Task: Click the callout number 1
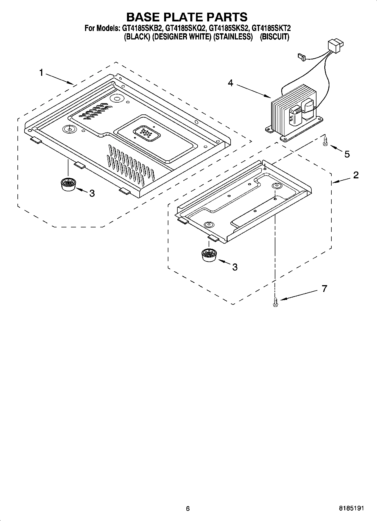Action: [41, 73]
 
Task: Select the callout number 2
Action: [356, 175]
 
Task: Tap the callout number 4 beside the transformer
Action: [231, 83]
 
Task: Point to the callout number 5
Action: [347, 154]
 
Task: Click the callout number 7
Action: [324, 289]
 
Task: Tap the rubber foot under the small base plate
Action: [209, 255]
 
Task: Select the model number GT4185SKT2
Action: [271, 28]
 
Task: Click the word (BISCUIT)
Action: [274, 37]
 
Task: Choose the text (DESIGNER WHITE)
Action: [182, 37]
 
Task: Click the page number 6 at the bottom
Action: [188, 508]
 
